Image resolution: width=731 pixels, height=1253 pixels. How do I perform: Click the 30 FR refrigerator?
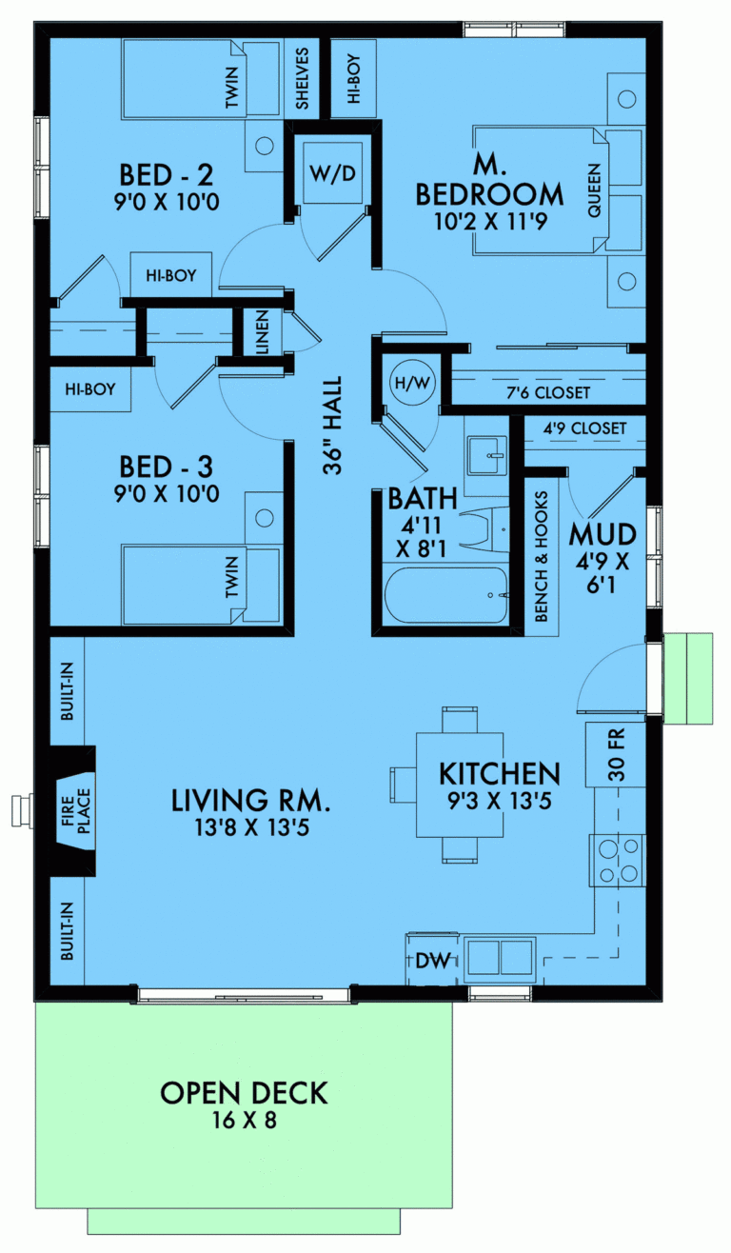(x=616, y=754)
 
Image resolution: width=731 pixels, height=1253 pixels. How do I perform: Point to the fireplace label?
(x=74, y=809)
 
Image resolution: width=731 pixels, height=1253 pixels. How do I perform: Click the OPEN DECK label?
(x=244, y=1093)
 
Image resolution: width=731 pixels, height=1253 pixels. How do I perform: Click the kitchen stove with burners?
(x=618, y=860)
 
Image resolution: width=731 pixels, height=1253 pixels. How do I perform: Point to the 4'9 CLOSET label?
(x=583, y=428)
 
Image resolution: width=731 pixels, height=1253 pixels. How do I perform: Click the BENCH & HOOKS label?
(x=542, y=557)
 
